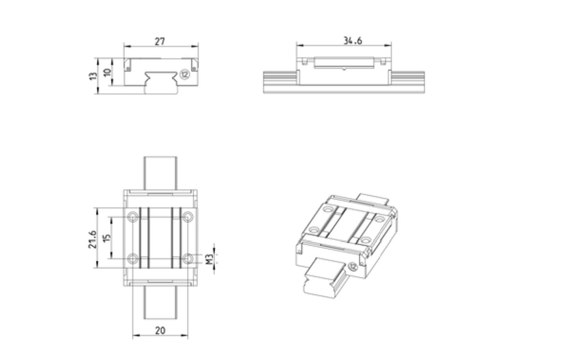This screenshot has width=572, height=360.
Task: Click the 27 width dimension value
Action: pyautogui.click(x=160, y=41)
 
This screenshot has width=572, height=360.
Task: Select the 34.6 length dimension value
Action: pyautogui.click(x=353, y=41)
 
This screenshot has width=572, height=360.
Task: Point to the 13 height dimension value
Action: pyautogui.click(x=93, y=76)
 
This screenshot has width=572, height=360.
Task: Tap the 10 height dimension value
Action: pyautogui.click(x=107, y=72)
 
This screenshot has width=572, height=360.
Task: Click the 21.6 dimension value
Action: pyautogui.click(x=93, y=239)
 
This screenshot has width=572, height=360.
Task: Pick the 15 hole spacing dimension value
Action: pyautogui.click(x=107, y=238)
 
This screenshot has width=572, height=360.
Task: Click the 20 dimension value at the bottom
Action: pyautogui.click(x=160, y=330)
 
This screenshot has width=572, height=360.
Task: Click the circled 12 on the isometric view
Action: pyautogui.click(x=353, y=266)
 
